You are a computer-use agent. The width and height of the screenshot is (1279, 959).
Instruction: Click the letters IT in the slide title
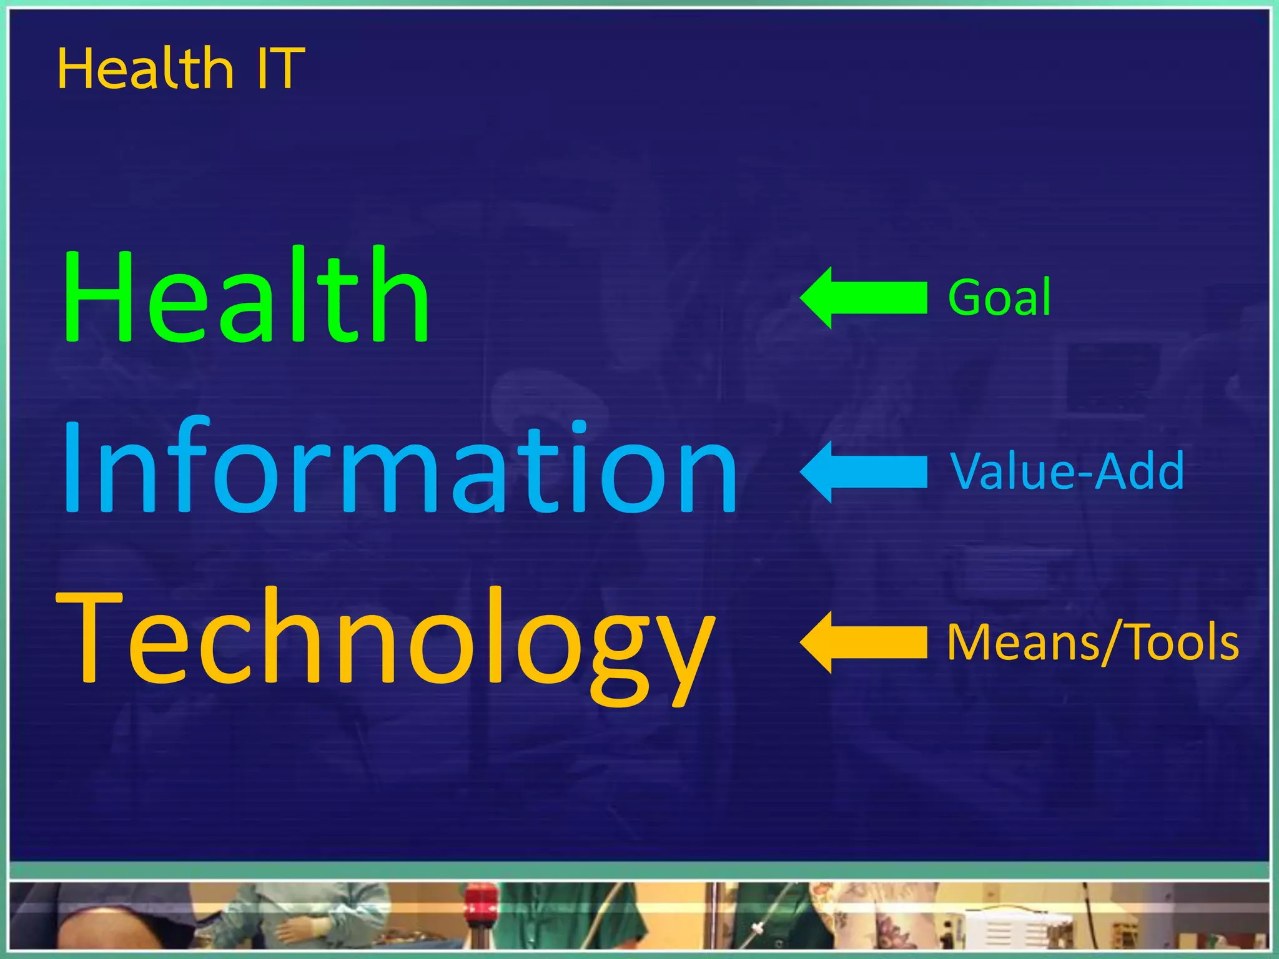coord(280,69)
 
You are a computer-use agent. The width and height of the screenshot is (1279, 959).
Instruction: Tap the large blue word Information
coord(400,467)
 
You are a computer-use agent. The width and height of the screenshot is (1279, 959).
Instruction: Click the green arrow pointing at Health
coord(863,298)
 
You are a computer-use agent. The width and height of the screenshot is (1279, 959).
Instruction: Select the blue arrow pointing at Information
coord(863,471)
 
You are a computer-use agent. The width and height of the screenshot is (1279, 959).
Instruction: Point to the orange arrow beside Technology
coord(863,642)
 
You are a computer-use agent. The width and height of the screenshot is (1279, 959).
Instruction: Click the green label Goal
coord(999,298)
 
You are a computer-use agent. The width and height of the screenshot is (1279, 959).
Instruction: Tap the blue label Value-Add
coord(1067,471)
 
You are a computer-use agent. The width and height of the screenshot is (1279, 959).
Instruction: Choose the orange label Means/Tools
coord(1093,642)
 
